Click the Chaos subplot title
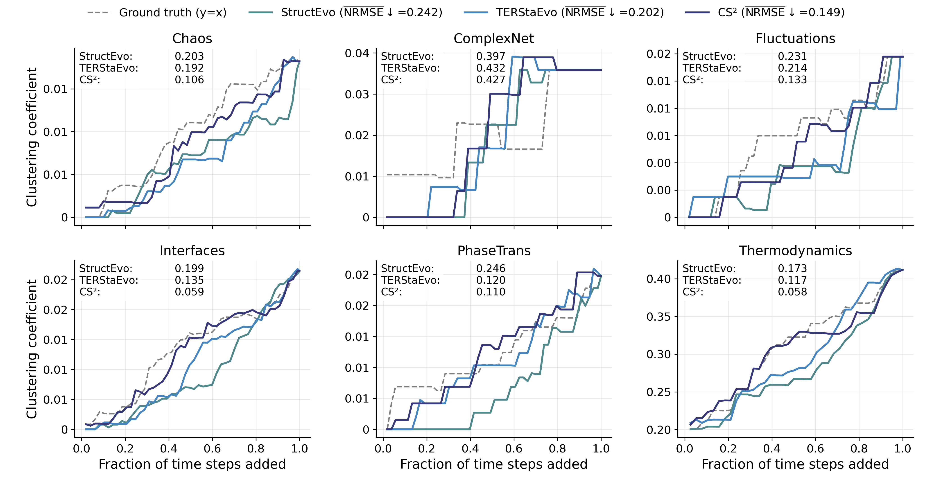[192, 38]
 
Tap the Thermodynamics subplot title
[795, 251]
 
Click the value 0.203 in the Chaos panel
[189, 56]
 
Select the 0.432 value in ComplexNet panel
[491, 68]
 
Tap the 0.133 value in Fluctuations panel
[792, 80]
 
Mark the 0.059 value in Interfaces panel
[189, 292]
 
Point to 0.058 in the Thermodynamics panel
[792, 292]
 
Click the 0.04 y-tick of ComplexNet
[357, 54]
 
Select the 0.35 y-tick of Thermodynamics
[658, 317]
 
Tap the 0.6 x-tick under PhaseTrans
[514, 449]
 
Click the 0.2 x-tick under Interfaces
[125, 449]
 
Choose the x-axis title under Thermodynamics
[795, 464]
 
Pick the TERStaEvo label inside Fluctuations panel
[712, 68]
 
